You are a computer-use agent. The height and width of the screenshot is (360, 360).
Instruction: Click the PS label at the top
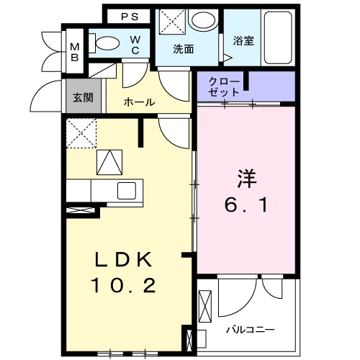click(130, 16)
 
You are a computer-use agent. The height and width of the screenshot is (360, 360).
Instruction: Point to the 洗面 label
click(184, 50)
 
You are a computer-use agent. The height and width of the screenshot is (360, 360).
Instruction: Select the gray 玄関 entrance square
click(79, 96)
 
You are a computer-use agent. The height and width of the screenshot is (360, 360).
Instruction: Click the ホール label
click(139, 102)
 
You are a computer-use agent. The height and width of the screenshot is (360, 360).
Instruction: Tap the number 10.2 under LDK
click(123, 286)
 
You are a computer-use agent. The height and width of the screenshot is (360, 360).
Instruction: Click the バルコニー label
click(250, 330)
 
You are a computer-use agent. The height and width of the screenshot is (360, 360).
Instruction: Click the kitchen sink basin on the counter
click(127, 191)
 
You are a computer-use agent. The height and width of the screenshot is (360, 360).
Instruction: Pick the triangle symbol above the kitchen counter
click(109, 162)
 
